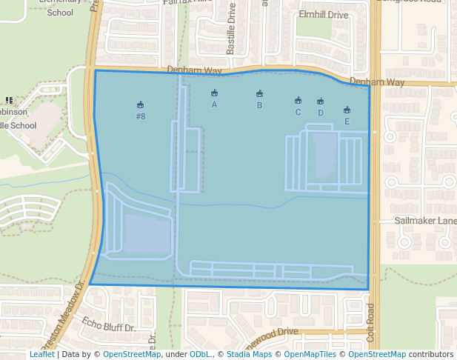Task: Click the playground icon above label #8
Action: [141, 105]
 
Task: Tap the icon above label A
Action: [214, 93]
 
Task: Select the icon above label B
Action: [259, 94]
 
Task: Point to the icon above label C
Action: [298, 101]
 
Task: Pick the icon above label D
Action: [320, 101]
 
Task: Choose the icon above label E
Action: [347, 110]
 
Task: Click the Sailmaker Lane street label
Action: [426, 221]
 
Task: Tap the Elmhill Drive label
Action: [323, 14]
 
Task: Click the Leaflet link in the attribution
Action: [41, 355]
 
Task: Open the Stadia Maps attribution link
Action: [249, 355]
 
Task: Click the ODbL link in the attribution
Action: [200, 355]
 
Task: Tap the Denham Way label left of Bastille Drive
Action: [194, 70]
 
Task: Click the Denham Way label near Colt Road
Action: [377, 82]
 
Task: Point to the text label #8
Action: [141, 116]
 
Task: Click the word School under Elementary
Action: [60, 12]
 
